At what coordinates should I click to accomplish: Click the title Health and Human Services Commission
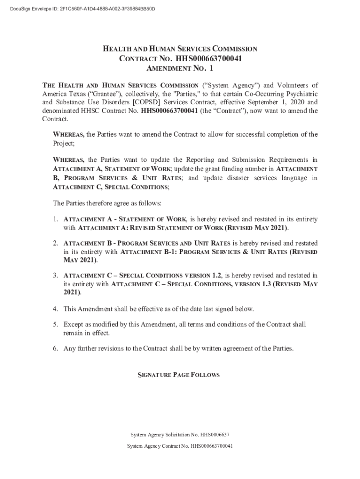click(x=180, y=49)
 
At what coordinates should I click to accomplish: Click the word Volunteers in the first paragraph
click(x=293, y=85)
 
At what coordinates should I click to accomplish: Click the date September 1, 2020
click(x=269, y=102)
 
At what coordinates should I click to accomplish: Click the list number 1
click(x=55, y=219)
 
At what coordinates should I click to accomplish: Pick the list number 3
click(x=55, y=276)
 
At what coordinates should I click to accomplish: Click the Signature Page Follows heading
click(x=180, y=375)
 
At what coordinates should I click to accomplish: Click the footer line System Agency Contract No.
click(x=180, y=446)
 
